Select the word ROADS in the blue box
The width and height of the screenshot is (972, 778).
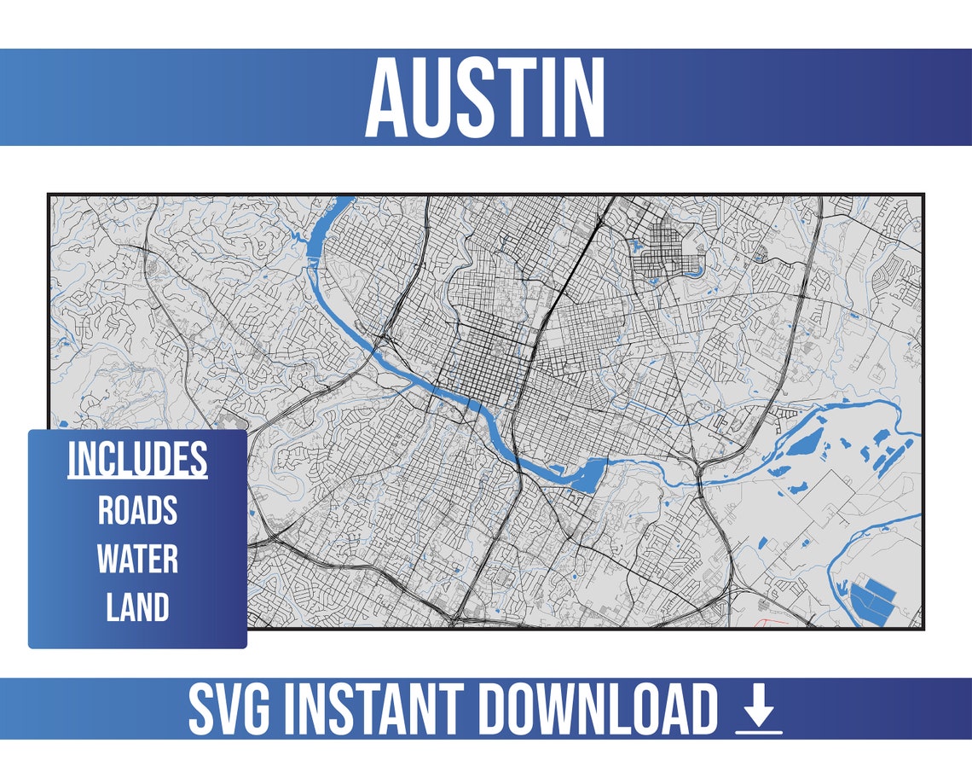137,510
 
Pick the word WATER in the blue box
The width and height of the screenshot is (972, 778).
137,559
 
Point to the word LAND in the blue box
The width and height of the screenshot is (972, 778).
137,607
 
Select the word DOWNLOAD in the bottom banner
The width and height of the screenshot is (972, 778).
597,709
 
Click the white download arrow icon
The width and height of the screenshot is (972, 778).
758,704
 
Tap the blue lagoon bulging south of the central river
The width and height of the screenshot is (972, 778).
582,475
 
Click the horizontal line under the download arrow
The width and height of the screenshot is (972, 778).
758,730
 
